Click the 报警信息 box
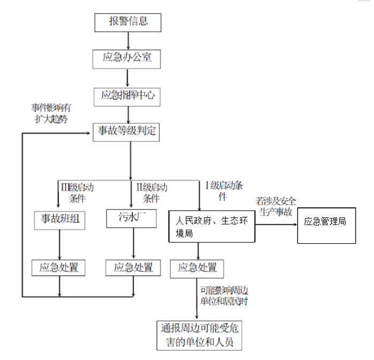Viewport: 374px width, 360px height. tap(128, 22)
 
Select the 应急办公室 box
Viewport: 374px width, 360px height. tap(127, 58)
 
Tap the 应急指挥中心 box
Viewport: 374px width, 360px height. tap(127, 96)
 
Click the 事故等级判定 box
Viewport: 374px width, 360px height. tap(127, 131)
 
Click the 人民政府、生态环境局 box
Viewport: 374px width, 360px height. tap(211, 227)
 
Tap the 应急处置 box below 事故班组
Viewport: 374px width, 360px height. tap(59, 267)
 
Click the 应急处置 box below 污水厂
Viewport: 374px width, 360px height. tap(133, 267)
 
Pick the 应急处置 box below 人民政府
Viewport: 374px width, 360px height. tap(197, 267)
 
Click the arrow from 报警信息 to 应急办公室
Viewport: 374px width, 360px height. tap(128, 41)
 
